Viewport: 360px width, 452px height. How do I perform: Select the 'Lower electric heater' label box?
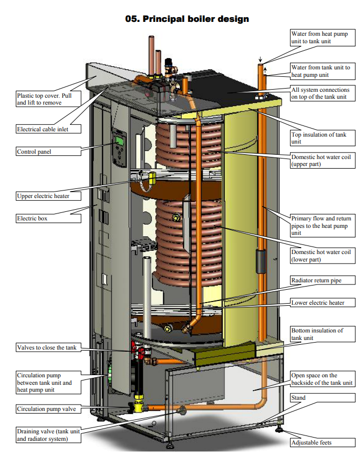(317, 303)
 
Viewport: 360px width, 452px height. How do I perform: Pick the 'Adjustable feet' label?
(314, 442)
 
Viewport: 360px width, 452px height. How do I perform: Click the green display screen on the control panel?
(119, 140)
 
